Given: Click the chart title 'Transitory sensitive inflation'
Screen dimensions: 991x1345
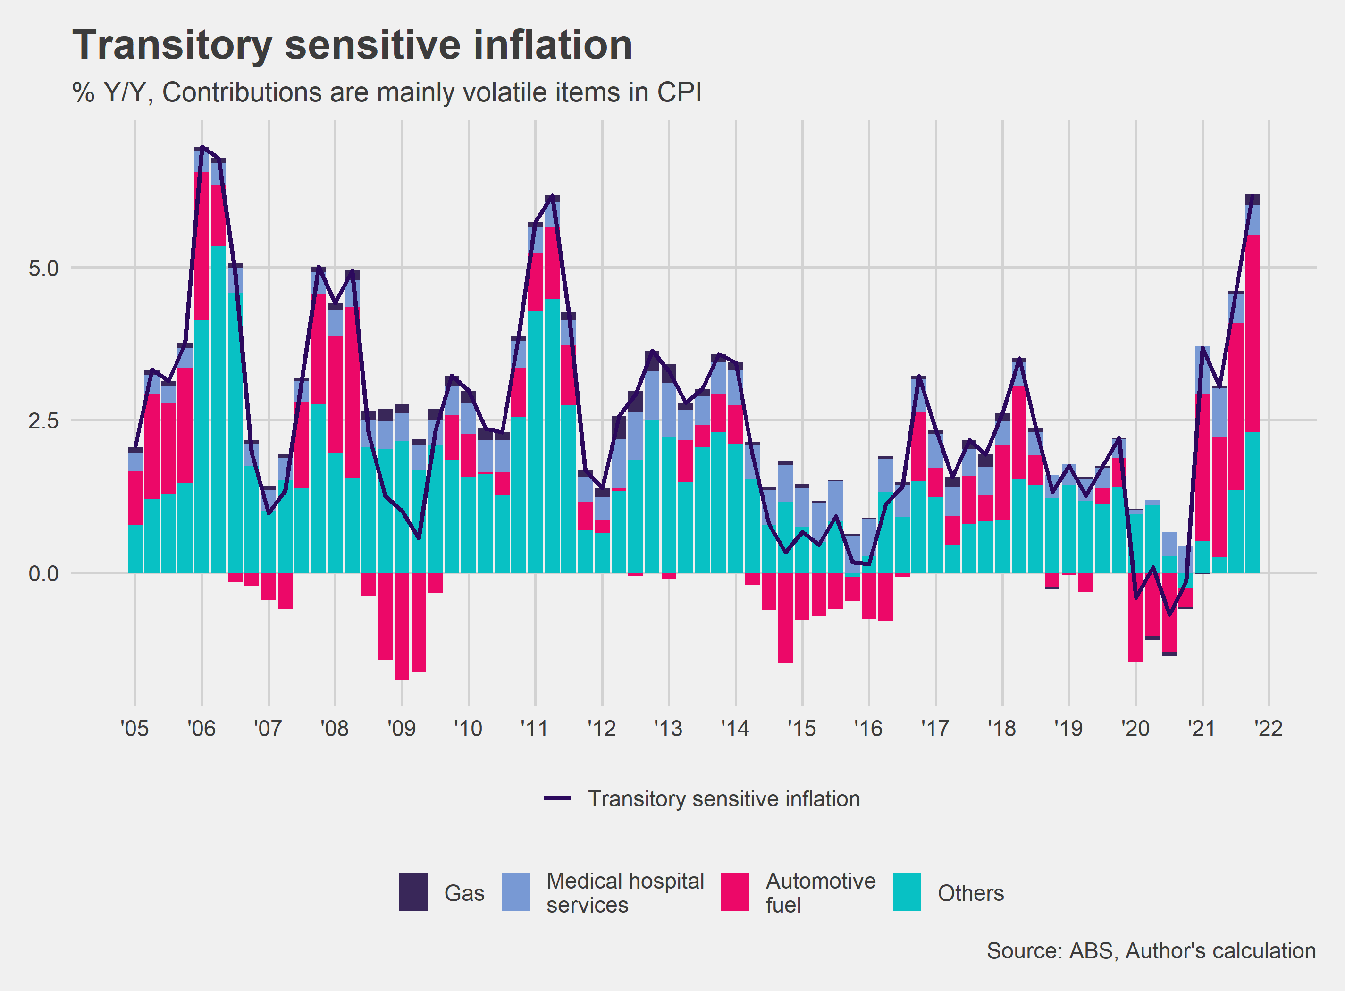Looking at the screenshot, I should [352, 46].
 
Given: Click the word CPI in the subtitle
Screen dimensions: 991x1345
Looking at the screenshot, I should [679, 93].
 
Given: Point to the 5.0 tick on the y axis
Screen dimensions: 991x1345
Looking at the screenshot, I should [43, 268].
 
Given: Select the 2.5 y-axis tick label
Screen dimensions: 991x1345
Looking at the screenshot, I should [43, 420].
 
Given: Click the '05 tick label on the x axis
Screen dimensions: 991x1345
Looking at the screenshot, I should [134, 729].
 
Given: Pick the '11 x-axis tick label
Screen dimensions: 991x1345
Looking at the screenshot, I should [535, 729].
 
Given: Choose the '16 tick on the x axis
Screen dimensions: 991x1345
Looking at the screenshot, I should [868, 729].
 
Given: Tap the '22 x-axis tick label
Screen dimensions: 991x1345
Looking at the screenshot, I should [1268, 729].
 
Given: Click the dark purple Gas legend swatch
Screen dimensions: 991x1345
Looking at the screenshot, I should [413, 892].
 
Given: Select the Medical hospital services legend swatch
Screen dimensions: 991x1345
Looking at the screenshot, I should [515, 892].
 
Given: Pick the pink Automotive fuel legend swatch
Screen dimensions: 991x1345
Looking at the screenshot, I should [735, 892].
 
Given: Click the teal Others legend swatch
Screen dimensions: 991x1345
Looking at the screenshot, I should [907, 892].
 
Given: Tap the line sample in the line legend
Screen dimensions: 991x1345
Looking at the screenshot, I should [557, 799].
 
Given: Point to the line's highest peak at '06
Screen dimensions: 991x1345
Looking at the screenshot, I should [202, 147].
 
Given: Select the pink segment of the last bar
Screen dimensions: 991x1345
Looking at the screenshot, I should [1252, 333].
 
